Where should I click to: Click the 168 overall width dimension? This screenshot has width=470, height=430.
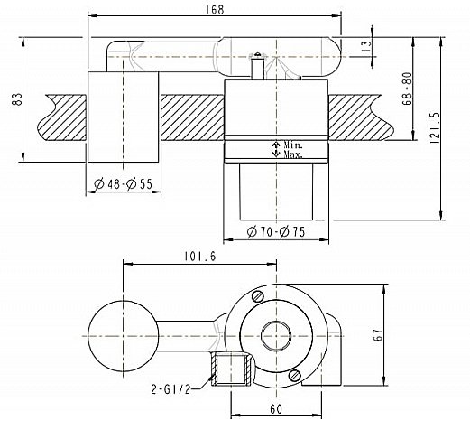(x=215, y=10)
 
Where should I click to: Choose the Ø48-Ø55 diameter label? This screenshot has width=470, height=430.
(x=123, y=185)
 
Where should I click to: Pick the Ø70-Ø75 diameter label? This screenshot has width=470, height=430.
(x=275, y=232)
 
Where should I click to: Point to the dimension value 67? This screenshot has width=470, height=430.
(x=380, y=336)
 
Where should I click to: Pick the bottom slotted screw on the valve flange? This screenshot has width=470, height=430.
(x=295, y=375)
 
